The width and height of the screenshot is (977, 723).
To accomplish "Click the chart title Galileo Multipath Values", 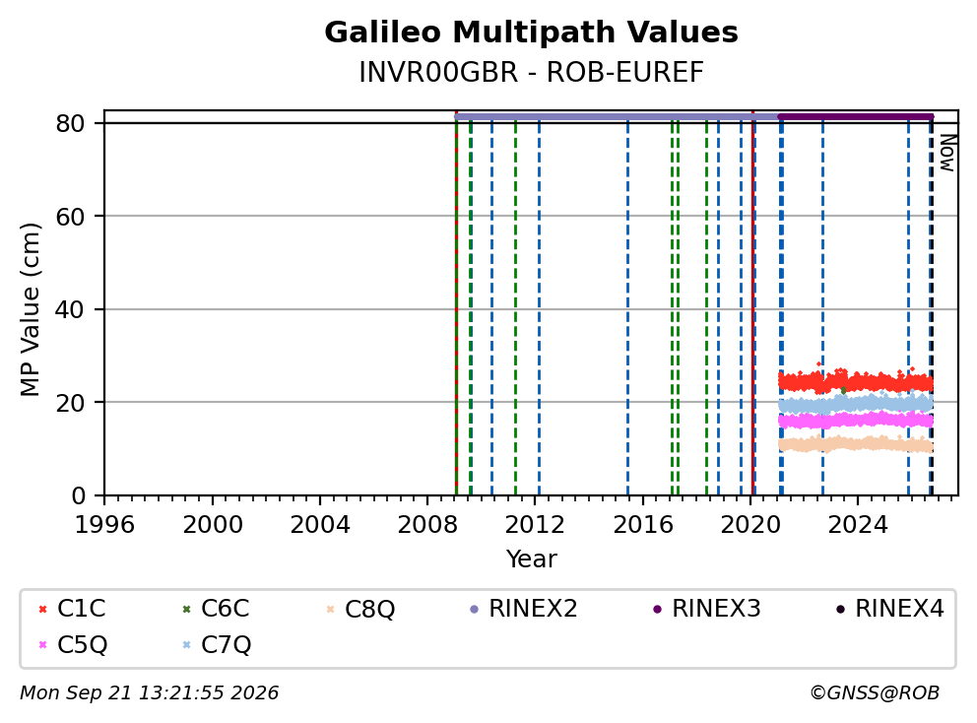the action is coord(531,33).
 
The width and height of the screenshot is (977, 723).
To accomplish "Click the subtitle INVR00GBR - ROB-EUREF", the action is coord(531,73).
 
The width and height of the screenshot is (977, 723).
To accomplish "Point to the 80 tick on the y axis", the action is coord(70,123).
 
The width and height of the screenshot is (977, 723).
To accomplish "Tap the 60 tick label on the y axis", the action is coord(70,217).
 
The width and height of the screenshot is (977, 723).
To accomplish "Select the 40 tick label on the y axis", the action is coord(70,309).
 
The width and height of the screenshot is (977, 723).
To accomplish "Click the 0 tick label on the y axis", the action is coord(78,495).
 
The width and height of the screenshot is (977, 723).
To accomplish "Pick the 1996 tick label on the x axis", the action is coord(104,525).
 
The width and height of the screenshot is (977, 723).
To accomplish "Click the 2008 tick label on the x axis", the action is coord(427,525).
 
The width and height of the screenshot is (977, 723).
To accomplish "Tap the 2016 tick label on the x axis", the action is coord(643,525).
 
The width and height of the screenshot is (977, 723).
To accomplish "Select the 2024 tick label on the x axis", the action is coord(858,525).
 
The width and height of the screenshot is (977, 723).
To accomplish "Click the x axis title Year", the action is coord(531,559).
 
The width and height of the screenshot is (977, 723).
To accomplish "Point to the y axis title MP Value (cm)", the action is coord(30,309).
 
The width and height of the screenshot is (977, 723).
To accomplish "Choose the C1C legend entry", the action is coord(72,609).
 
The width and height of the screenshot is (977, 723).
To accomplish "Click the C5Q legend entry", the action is coord(73,644).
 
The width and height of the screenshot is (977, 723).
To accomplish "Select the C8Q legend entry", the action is coord(360,609).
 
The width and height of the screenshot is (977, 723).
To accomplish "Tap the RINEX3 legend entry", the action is coord(706,609).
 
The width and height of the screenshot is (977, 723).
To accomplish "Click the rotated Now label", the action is coord(947,153).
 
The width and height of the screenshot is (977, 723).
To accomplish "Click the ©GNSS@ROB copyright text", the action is coord(875,693).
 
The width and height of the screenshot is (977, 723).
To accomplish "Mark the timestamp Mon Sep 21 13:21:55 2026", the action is coord(150,693).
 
